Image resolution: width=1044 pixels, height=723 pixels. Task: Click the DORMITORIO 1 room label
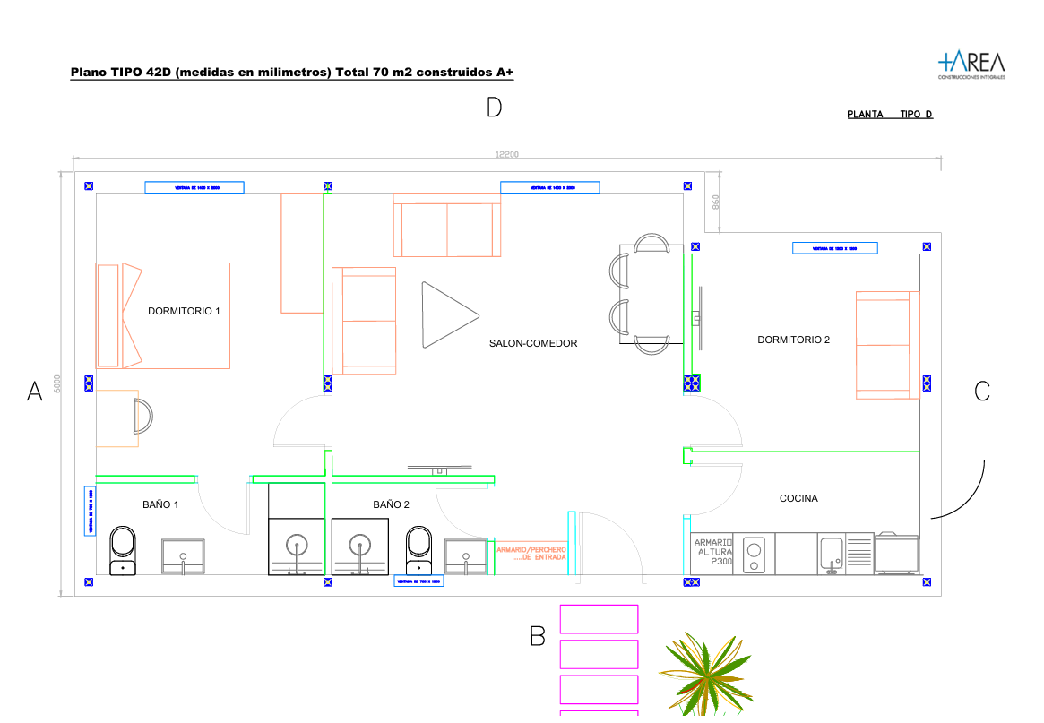click(x=184, y=311)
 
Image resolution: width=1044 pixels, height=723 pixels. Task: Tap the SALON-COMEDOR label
click(x=533, y=343)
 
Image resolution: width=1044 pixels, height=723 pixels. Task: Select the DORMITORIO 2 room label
click(x=793, y=340)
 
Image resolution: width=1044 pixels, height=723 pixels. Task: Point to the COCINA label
click(x=798, y=498)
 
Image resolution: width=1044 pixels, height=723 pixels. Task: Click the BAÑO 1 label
click(x=160, y=504)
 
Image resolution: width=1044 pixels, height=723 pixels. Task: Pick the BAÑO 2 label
click(x=392, y=504)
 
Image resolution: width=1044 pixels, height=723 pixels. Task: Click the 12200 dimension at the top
click(x=506, y=155)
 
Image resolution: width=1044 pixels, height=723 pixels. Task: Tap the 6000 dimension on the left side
click(x=58, y=384)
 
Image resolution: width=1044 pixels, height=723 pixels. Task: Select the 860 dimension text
click(x=715, y=202)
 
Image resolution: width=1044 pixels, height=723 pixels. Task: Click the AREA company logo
click(x=971, y=64)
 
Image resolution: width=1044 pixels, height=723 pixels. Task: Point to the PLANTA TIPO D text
click(x=890, y=115)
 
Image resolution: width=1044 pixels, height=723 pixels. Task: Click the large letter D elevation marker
click(x=494, y=108)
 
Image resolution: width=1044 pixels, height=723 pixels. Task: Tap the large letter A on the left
click(x=35, y=392)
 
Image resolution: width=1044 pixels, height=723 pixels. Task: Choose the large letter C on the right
click(x=982, y=392)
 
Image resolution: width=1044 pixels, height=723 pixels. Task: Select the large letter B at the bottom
click(x=538, y=636)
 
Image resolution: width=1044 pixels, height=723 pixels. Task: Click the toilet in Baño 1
click(x=123, y=548)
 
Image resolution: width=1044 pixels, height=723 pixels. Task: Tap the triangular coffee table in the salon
click(x=445, y=314)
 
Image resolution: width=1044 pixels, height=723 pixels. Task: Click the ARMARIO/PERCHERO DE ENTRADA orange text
click(x=531, y=553)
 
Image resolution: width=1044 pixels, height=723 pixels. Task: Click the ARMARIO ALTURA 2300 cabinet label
click(x=713, y=552)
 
